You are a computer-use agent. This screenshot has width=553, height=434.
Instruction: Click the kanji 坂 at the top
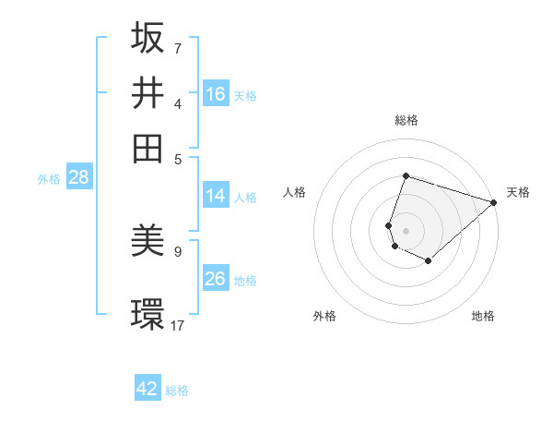[x=147, y=38]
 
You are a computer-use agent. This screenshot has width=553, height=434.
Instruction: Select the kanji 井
[x=147, y=93]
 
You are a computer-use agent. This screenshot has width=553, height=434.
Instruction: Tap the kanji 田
[x=147, y=149]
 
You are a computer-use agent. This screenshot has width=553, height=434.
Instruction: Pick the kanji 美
[x=147, y=241]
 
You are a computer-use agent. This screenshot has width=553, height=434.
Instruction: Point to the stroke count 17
[x=179, y=324]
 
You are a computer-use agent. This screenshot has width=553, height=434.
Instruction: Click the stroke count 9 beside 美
[x=178, y=250]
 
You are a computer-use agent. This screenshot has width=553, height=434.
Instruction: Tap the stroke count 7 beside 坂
[x=177, y=47]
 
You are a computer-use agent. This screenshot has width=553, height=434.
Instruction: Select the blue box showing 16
[x=216, y=94]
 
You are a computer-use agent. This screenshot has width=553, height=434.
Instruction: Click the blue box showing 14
[x=216, y=196]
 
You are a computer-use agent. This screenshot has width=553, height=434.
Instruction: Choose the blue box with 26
[x=216, y=279]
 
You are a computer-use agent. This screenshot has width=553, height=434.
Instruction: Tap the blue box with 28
[x=78, y=178]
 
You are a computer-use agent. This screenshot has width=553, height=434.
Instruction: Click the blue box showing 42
[x=147, y=389]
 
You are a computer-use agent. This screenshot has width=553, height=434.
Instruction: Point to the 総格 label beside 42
[x=177, y=391]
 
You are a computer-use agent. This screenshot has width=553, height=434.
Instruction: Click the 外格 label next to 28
[x=49, y=179]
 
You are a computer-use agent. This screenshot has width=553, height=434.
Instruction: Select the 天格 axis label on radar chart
[x=518, y=192]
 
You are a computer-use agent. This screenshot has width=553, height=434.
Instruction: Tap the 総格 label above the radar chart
[x=406, y=120]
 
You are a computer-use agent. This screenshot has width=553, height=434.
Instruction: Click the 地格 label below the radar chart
[x=483, y=316]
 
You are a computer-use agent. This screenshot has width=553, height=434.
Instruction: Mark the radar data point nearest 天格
[x=494, y=202]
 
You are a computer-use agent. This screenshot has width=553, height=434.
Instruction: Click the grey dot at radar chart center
[x=406, y=230]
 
